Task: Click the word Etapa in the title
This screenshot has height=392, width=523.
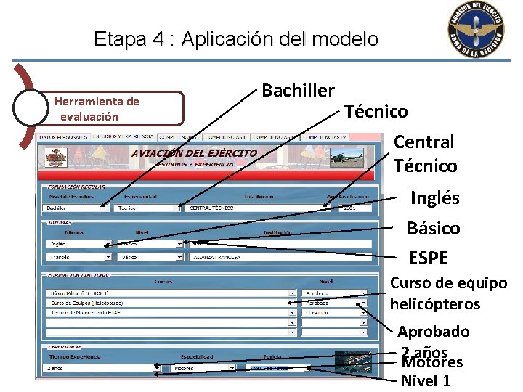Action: pyautogui.click(x=119, y=39)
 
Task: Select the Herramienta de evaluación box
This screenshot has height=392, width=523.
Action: pyautogui.click(x=116, y=108)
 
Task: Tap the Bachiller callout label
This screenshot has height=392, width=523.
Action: pyautogui.click(x=298, y=91)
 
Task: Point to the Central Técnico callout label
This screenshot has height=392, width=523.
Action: pyautogui.click(x=425, y=154)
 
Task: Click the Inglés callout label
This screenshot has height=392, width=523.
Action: pyautogui.click(x=435, y=198)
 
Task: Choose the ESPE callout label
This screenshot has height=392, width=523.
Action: pyautogui.click(x=428, y=258)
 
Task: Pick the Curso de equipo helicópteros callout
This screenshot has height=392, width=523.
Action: pyautogui.click(x=447, y=293)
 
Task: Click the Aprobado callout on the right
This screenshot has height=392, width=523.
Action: pyautogui.click(x=433, y=332)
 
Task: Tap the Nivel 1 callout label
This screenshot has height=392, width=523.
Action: pyautogui.click(x=426, y=380)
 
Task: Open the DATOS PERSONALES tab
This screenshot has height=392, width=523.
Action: pyautogui.click(x=63, y=136)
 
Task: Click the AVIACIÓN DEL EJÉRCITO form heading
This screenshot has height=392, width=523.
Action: pyautogui.click(x=193, y=153)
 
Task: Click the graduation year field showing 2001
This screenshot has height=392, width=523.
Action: pyautogui.click(x=351, y=208)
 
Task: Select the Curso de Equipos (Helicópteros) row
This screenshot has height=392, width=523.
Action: pyautogui.click(x=171, y=303)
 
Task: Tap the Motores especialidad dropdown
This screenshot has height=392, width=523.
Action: pyautogui.click(x=203, y=368)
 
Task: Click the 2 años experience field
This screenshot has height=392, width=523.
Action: pyautogui.click(x=102, y=368)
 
